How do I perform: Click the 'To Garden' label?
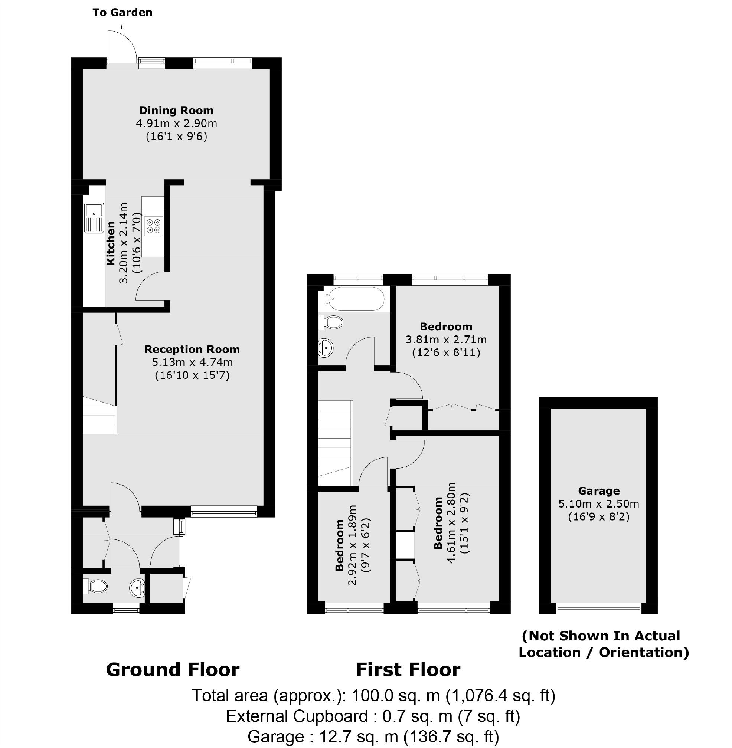pyautogui.click(x=122, y=13)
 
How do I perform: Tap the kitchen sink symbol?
pyautogui.click(x=94, y=218)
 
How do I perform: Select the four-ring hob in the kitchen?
pyautogui.click(x=153, y=226)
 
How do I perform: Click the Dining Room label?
pyautogui.click(x=176, y=111)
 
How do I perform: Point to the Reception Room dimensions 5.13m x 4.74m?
pyautogui.click(x=192, y=362)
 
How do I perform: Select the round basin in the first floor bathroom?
pyautogui.click(x=326, y=348)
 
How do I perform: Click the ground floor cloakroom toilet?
pyautogui.click(x=95, y=587)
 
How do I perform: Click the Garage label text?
pyautogui.click(x=599, y=491)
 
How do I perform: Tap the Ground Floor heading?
pyautogui.click(x=173, y=670)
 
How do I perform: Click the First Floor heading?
pyautogui.click(x=408, y=670)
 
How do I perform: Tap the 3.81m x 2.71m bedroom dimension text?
pyautogui.click(x=446, y=340)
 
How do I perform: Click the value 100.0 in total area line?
pyautogui.click(x=368, y=696)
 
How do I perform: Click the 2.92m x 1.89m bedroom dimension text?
pyautogui.click(x=353, y=545)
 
